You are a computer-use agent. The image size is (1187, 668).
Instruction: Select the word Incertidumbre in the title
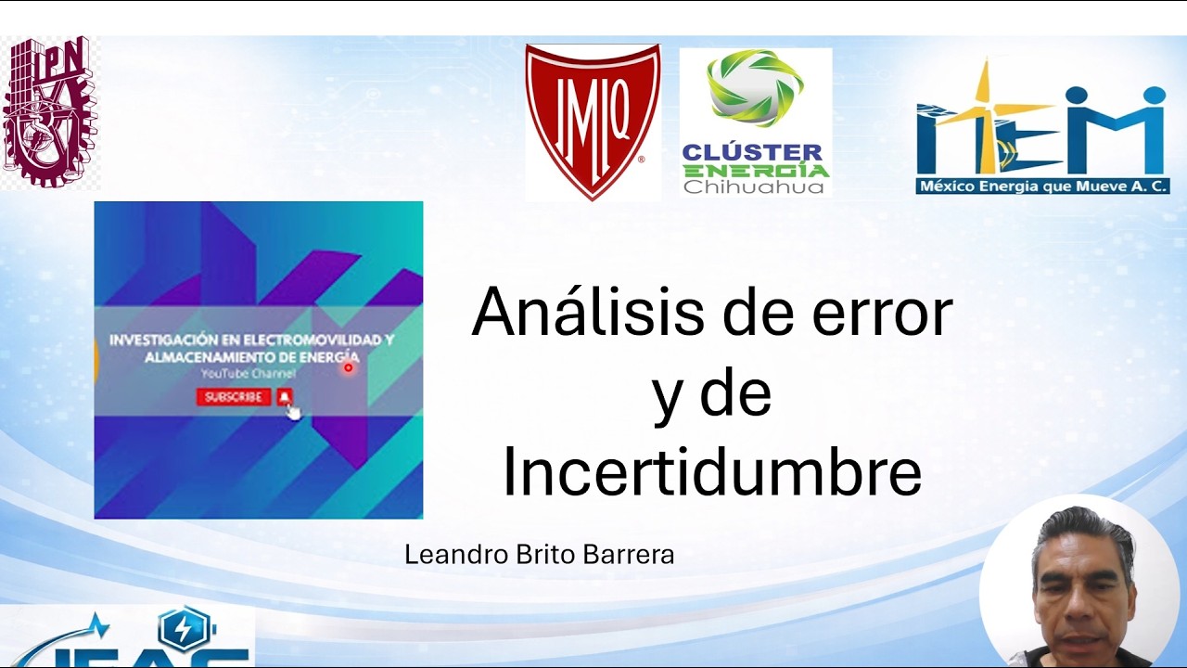(711, 473)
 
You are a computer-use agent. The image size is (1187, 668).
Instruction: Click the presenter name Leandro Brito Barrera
(539, 555)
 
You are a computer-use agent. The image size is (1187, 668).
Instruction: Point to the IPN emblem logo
(50, 111)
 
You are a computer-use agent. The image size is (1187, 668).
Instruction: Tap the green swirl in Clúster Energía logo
(754, 89)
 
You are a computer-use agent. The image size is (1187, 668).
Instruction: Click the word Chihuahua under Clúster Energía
(753, 187)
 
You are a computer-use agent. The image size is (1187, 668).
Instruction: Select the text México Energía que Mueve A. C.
(1042, 186)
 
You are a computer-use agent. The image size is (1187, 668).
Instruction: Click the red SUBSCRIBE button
(233, 397)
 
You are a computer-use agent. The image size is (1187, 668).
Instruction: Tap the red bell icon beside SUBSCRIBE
(285, 397)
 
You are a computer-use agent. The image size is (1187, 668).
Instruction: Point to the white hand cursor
(294, 412)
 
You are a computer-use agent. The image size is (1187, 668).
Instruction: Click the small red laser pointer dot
(349, 367)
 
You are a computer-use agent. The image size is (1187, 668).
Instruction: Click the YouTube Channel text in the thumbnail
(249, 374)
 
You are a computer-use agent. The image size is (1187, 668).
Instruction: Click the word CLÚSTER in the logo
(752, 152)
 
